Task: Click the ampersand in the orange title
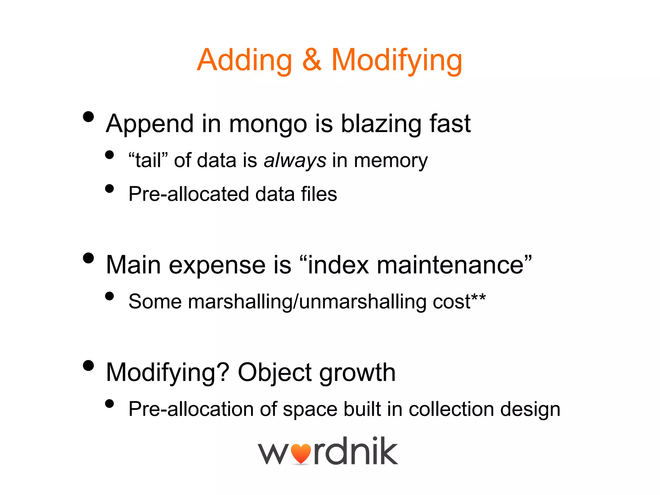pos(312,60)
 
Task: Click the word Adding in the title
pos(244,60)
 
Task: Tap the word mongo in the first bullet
pos(268,124)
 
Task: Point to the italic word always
pos(295,161)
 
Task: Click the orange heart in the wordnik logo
pos(301,454)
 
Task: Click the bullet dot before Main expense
pos(88,258)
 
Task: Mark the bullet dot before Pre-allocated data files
pos(110,189)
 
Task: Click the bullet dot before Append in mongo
pos(88,117)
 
